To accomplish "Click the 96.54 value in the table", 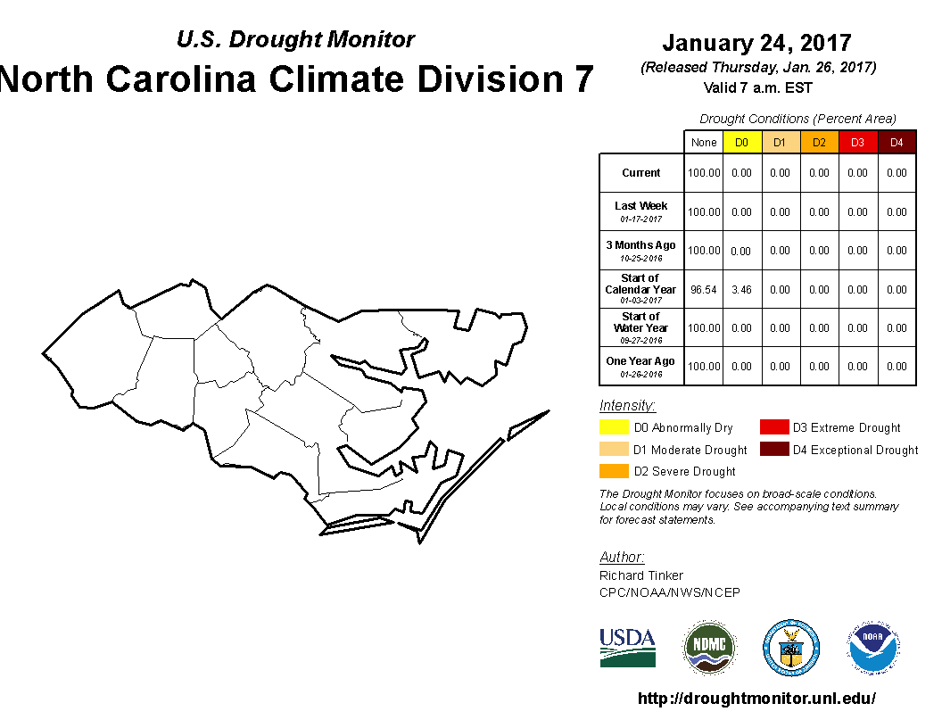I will [703, 290].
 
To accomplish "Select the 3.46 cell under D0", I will [741, 290].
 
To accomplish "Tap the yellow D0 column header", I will [741, 142].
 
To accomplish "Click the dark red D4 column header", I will [897, 142].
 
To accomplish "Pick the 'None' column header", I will [703, 142].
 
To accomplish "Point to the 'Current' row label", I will [641, 173].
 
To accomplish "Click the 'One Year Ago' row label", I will [640, 361].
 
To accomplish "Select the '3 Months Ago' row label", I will [640, 245].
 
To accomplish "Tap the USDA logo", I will [627, 648].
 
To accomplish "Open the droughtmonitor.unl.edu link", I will [756, 699].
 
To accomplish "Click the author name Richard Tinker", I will [641, 575].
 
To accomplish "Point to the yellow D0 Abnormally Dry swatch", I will [614, 428].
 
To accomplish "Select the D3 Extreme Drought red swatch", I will [773, 428].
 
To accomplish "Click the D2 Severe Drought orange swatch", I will [614, 471].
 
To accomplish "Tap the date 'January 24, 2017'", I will [756, 43].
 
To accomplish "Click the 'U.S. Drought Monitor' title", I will [295, 39].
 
